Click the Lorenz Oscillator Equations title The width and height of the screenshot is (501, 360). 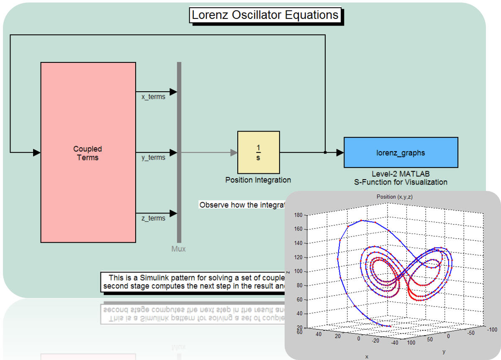[265, 15]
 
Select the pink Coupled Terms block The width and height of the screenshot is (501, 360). [88, 152]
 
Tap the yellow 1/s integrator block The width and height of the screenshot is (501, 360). [258, 152]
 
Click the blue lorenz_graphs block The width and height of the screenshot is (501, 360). [401, 152]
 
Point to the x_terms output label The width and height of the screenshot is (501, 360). [153, 97]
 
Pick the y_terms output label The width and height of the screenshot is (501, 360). [153, 158]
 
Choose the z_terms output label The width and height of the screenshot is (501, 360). [153, 219]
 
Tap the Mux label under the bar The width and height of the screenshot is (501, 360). [179, 249]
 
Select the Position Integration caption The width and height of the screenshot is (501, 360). [258, 180]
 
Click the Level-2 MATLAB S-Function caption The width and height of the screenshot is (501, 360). [401, 178]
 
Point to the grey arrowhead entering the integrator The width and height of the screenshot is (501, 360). [234, 153]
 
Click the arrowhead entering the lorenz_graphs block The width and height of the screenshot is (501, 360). [340, 153]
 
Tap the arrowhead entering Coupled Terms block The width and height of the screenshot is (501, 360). [37, 153]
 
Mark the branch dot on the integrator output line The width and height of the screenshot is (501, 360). [325, 153]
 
